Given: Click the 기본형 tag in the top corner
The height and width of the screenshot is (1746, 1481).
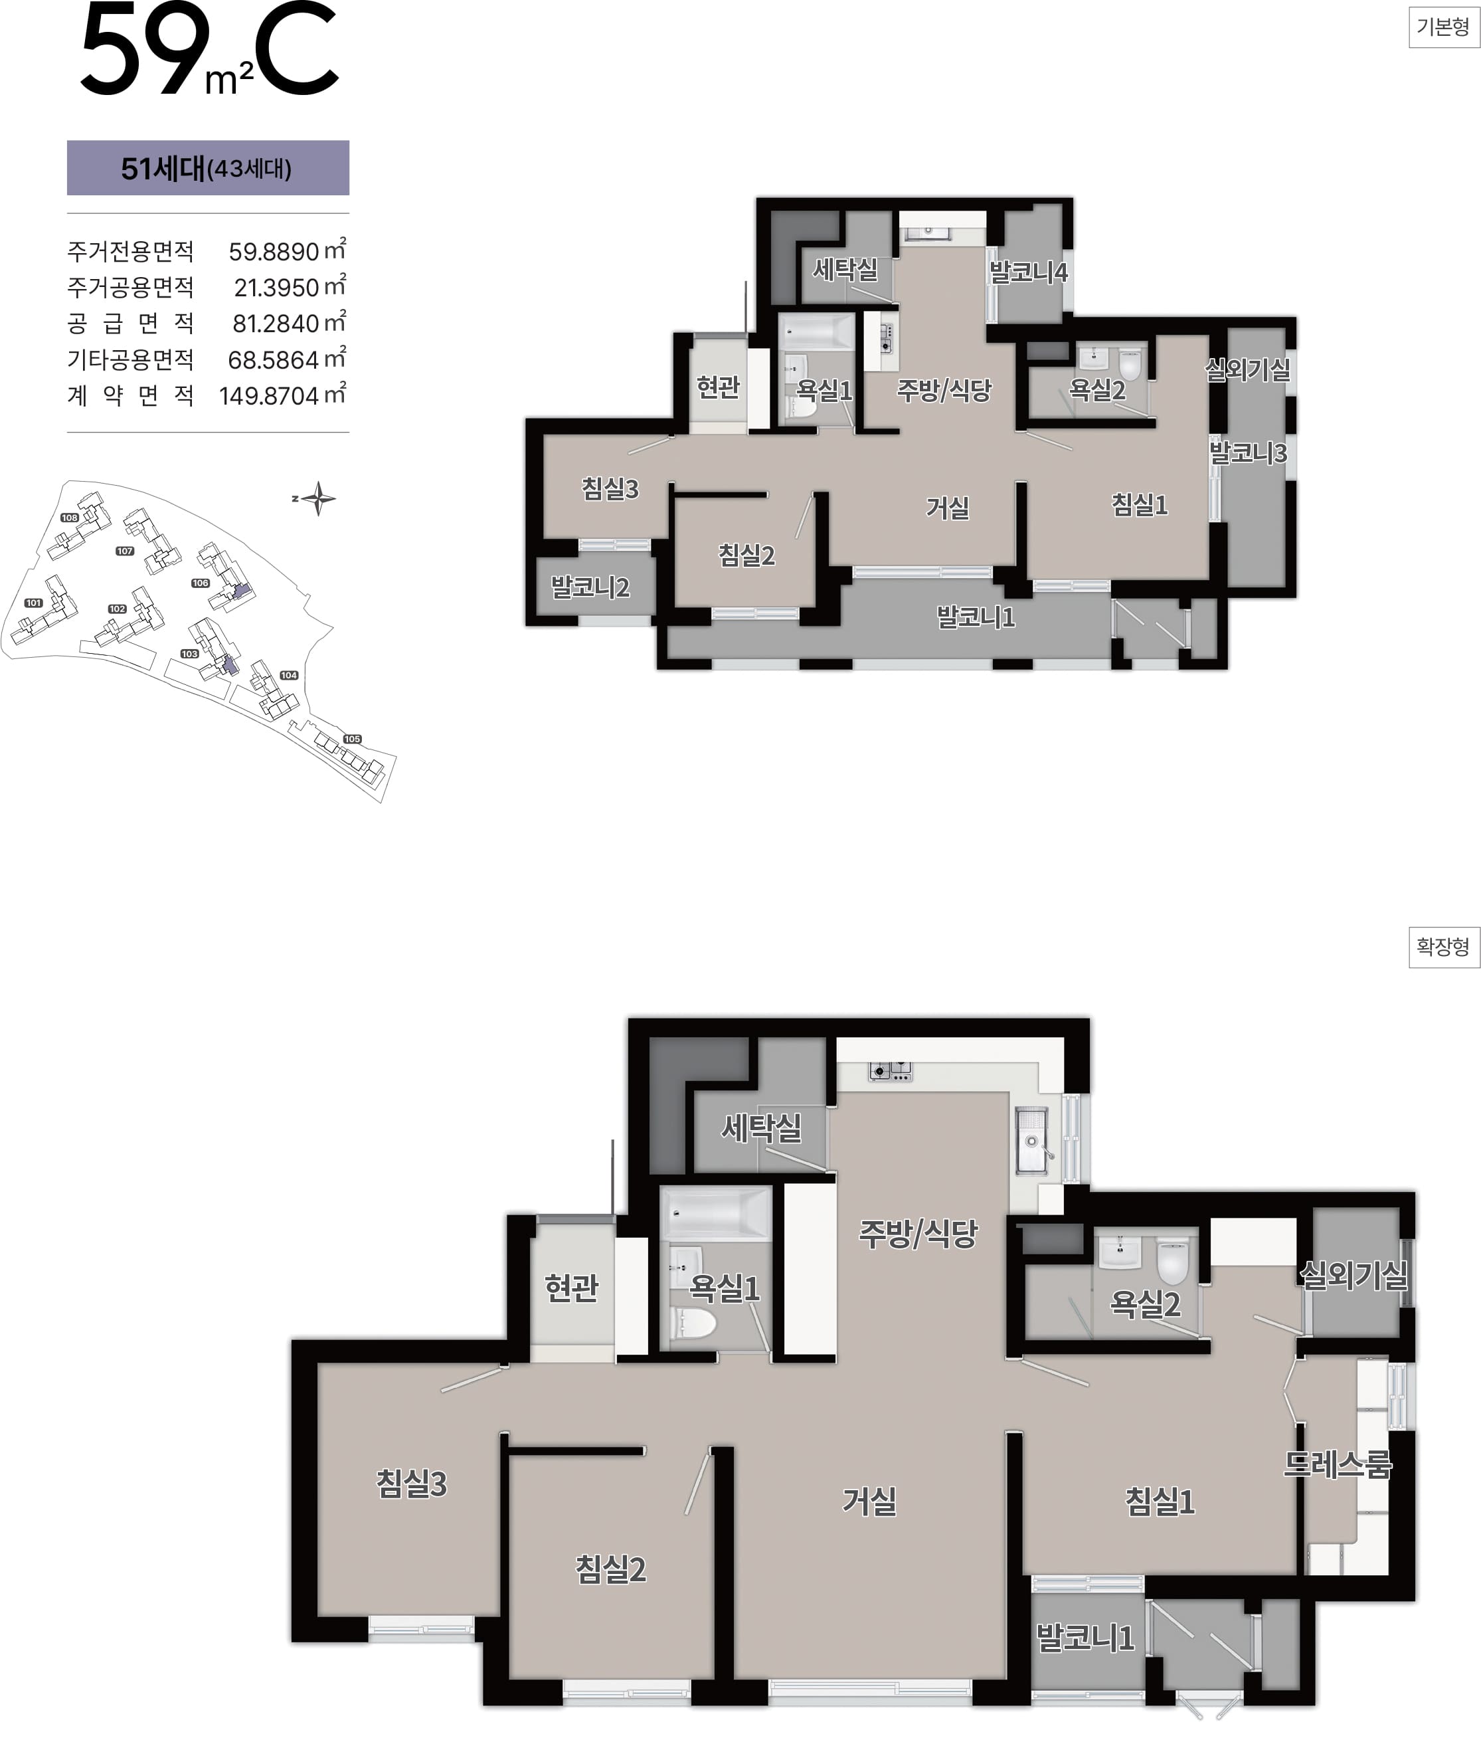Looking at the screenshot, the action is point(1443,28).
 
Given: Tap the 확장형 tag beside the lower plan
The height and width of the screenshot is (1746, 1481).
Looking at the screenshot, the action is point(1443,947).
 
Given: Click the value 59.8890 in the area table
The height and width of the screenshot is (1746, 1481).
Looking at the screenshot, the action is point(274,252).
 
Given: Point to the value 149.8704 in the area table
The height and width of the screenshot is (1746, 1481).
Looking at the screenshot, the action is point(270,395).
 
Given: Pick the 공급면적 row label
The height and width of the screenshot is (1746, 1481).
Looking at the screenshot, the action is point(130,324).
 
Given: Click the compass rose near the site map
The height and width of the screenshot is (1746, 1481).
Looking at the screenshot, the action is point(318,499).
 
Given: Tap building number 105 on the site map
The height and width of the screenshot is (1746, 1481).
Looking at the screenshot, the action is point(353,739).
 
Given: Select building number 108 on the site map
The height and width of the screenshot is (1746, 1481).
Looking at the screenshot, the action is point(70,518).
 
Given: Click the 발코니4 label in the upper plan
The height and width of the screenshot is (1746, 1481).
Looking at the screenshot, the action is point(1029,272).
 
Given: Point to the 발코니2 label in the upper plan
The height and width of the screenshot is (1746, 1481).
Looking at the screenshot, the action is point(590,587).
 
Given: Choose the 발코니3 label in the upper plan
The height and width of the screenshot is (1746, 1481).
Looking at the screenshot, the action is point(1248,454).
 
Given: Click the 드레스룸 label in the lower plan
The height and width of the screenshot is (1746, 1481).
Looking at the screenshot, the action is point(1338,1465).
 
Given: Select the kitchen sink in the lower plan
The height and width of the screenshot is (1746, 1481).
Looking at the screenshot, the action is point(1033,1141).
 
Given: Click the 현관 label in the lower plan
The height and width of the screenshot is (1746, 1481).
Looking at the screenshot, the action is point(572,1288).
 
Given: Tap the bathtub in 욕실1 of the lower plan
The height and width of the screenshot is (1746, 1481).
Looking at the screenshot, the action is point(716,1214).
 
